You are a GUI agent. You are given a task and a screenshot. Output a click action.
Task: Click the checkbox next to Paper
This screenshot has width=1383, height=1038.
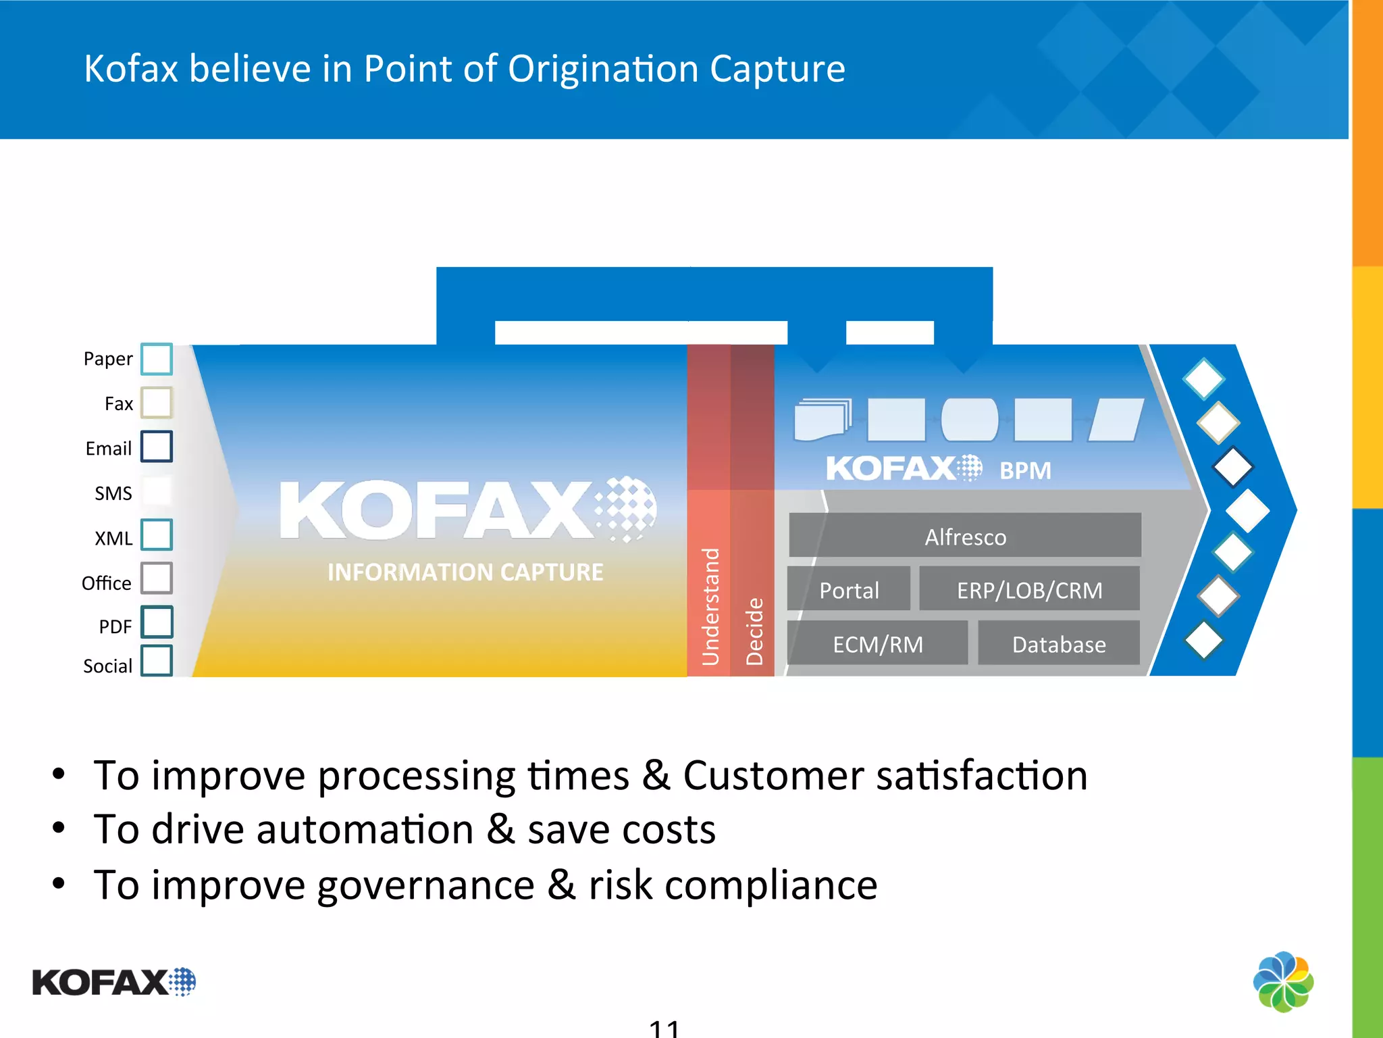tap(157, 359)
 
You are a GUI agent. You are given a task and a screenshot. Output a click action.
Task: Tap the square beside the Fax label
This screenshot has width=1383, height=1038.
tap(157, 403)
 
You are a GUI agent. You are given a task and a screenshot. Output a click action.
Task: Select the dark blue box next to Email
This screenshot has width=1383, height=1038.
tap(157, 447)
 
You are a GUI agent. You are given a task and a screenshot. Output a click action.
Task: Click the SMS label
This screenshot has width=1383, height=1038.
tap(113, 493)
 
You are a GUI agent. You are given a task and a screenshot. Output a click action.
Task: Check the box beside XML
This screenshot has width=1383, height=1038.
tap(157, 535)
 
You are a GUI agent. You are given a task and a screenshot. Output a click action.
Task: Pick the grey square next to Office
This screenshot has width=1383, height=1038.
tap(157, 578)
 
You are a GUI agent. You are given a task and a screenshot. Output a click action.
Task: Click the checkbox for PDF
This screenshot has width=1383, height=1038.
tap(157, 622)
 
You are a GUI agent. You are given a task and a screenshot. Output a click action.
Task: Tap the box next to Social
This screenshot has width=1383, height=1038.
tap(157, 661)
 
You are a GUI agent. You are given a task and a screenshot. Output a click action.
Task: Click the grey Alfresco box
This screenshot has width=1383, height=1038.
tap(965, 536)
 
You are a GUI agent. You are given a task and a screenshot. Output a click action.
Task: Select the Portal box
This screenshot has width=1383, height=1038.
tap(849, 590)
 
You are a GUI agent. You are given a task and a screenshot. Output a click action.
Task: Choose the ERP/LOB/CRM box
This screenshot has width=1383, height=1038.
tap(1029, 590)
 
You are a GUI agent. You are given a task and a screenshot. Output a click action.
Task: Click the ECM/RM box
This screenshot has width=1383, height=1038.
tap(877, 644)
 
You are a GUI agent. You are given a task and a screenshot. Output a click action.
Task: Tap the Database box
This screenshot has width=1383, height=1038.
tap(1058, 644)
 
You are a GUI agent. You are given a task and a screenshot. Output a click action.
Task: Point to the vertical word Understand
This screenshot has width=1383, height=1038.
tap(710, 606)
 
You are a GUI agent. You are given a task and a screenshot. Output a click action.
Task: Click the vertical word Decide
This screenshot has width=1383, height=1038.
tap(754, 631)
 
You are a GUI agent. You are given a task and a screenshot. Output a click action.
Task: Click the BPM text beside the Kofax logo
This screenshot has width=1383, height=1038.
tap(1025, 470)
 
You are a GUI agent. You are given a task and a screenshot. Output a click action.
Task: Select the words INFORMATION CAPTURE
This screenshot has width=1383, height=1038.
tap(465, 572)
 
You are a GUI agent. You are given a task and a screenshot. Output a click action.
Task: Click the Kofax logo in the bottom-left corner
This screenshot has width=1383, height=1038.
tap(113, 982)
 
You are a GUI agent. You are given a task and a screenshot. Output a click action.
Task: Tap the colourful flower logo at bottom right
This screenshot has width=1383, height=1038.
tap(1283, 982)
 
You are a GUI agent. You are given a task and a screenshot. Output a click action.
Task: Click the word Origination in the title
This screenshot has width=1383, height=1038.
tap(602, 69)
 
